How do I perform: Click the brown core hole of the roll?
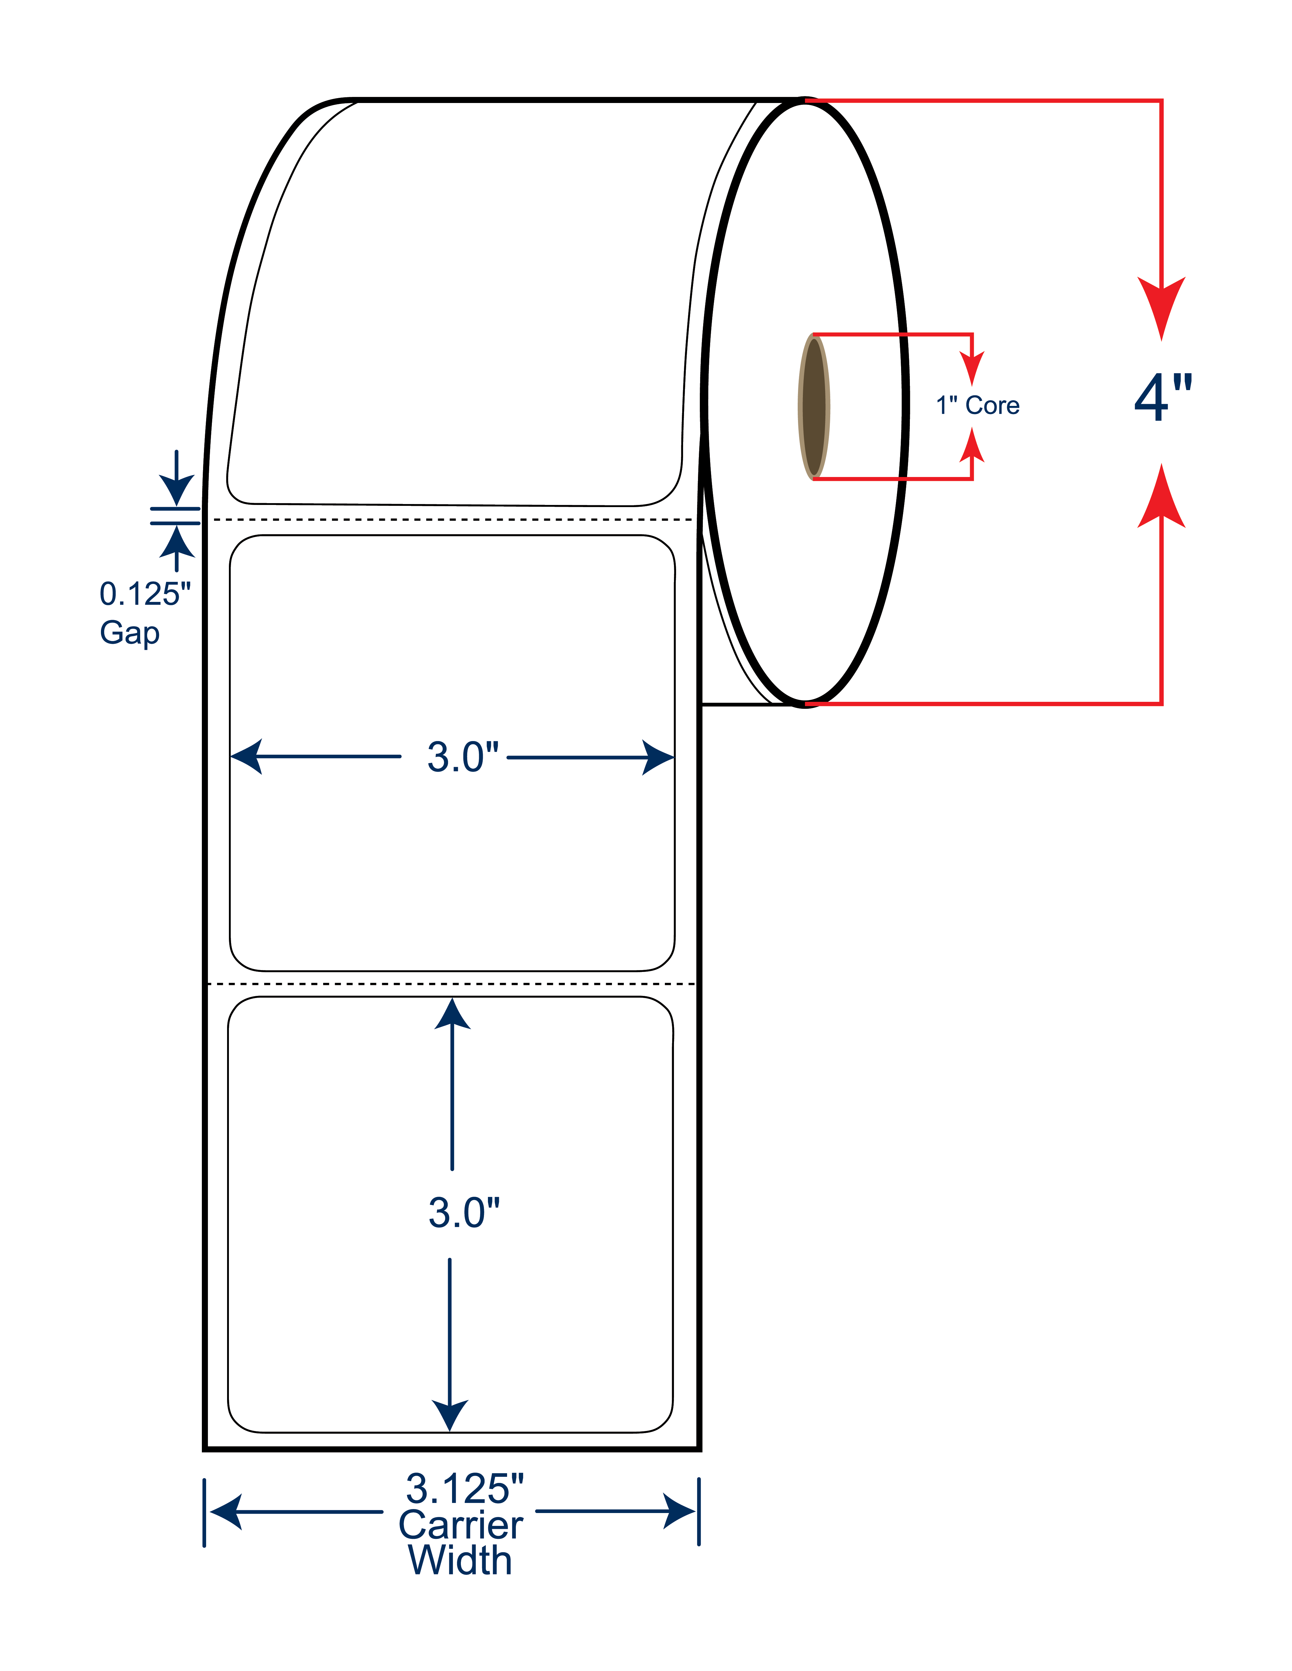point(814,406)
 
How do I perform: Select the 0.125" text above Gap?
point(145,594)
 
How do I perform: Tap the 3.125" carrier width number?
point(465,1489)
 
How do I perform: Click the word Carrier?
point(461,1525)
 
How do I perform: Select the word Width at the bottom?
point(460,1561)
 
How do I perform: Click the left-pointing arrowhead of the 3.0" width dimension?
point(247,757)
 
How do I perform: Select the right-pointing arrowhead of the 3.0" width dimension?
point(658,757)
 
